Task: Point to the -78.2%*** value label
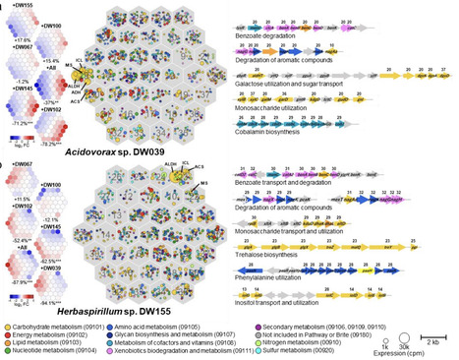pyautogui.click(x=69, y=144)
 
